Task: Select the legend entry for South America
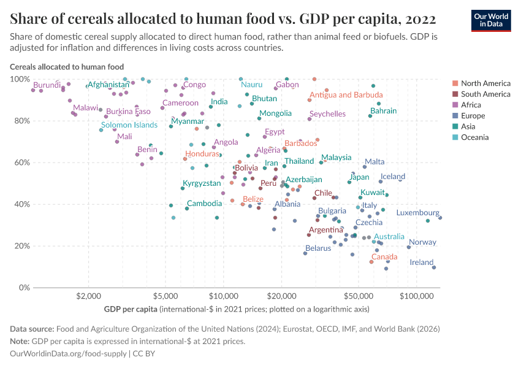pos(485,94)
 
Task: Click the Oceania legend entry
pos(474,137)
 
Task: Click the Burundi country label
pos(47,85)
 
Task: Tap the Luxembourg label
pos(417,213)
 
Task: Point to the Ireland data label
pos(422,262)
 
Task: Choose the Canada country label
pos(384,256)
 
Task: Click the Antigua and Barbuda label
pos(346,95)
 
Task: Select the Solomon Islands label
pos(129,125)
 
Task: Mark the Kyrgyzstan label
pos(202,183)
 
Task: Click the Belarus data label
pos(318,248)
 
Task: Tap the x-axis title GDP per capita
pos(131,309)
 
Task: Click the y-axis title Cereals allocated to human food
pos(67,67)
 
